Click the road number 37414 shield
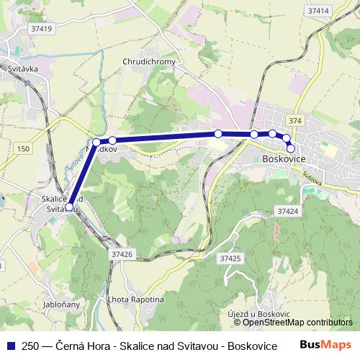tap(318, 11)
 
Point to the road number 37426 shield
tap(122, 253)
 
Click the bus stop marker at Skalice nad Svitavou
tap(70, 207)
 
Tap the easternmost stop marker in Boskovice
tap(291, 148)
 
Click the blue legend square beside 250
tap(9, 345)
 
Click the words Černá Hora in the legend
tap(72, 346)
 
